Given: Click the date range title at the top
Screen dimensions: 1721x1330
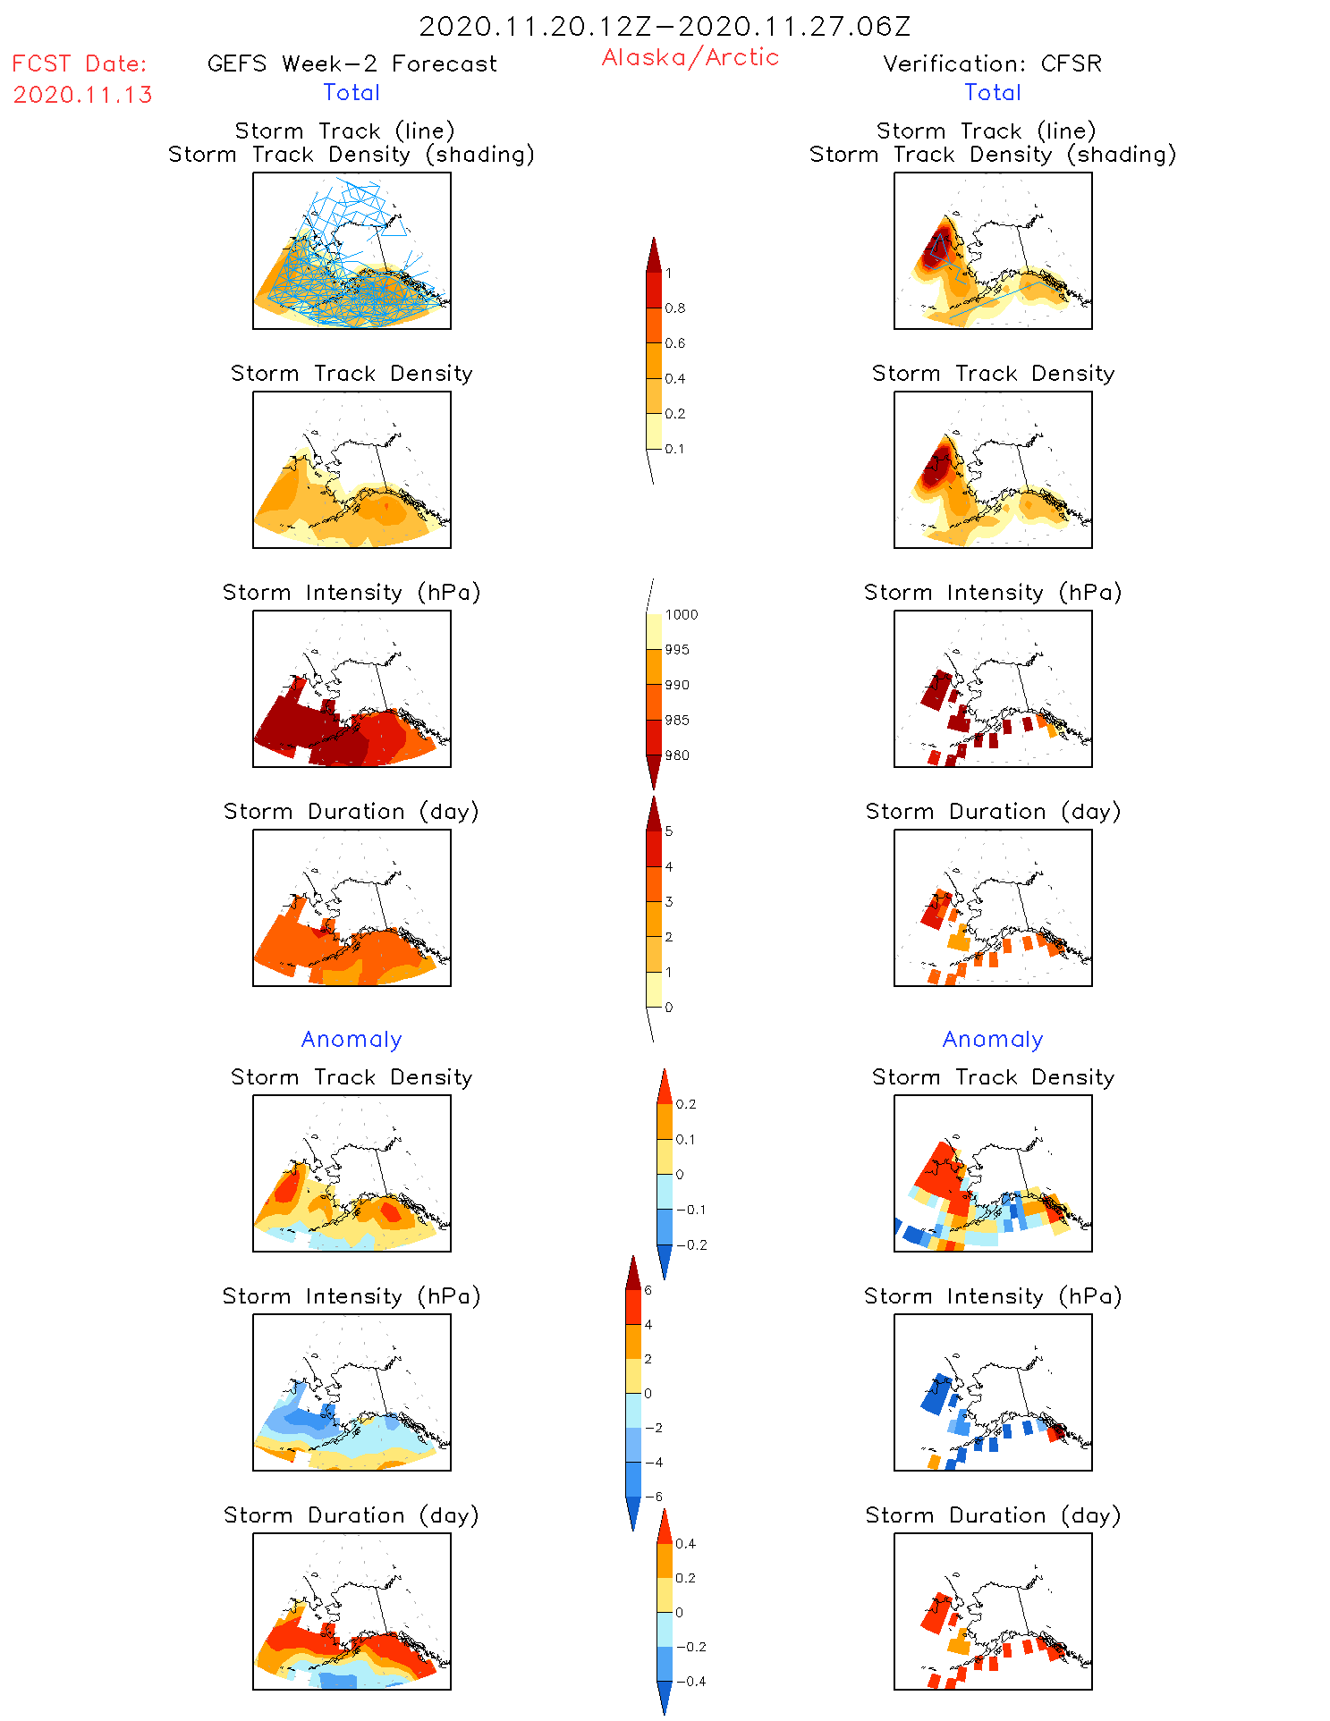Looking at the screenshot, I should pyautogui.click(x=665, y=27).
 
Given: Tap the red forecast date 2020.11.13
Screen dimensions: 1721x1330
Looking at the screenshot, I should pyautogui.click(x=83, y=95).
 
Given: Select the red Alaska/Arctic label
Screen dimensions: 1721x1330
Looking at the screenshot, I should pyautogui.click(x=690, y=57).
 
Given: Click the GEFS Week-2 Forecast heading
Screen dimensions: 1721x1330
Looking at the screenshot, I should pyautogui.click(x=352, y=63).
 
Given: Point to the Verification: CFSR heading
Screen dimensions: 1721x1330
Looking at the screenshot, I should pyautogui.click(x=992, y=63).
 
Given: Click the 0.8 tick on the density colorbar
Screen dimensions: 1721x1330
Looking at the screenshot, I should pyautogui.click(x=675, y=308).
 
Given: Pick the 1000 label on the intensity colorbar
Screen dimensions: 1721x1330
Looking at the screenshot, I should pyautogui.click(x=681, y=615).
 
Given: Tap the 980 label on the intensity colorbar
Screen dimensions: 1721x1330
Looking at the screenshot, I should pyautogui.click(x=677, y=755).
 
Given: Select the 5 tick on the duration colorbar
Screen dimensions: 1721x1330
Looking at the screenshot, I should pyautogui.click(x=669, y=831).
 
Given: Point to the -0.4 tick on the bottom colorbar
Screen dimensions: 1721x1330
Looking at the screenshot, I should pyautogui.click(x=690, y=1681).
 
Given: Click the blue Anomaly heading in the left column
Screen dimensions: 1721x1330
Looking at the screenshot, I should pyautogui.click(x=352, y=1039).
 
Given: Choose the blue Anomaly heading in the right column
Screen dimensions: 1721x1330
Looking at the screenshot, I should pyautogui.click(x=993, y=1039).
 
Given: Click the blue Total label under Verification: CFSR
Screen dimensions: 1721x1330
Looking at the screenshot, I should pyautogui.click(x=993, y=92).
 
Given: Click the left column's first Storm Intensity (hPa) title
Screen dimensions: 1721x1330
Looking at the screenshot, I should pyautogui.click(x=352, y=592).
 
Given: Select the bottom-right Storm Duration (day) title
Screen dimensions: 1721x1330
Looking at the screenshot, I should pyautogui.click(x=993, y=1515).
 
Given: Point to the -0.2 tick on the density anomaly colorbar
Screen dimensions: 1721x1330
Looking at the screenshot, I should pyautogui.click(x=690, y=1244).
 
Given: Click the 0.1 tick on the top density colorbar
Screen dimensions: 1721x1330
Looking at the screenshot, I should pyautogui.click(x=674, y=449).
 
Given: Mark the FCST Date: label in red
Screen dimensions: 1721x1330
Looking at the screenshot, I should pyautogui.click(x=79, y=63).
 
